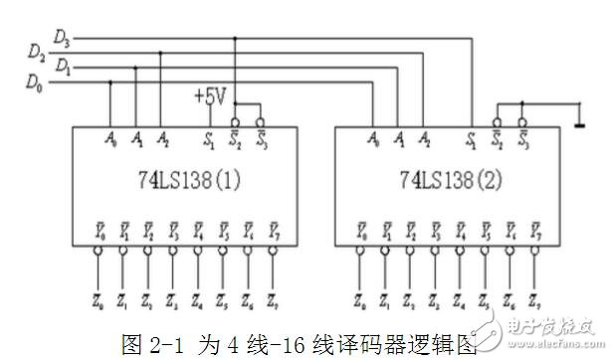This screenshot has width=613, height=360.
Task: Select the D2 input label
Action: click(x=37, y=51)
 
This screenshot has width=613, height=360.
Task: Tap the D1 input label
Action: click(x=64, y=67)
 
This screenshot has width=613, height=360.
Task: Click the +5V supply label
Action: click(x=210, y=96)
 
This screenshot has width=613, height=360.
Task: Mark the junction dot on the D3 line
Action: click(x=235, y=39)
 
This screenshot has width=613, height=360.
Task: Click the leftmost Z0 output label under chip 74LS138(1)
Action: click(x=99, y=297)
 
